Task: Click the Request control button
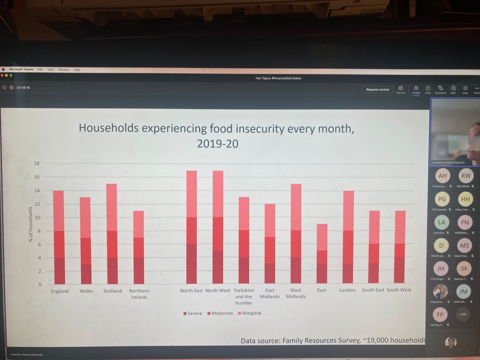point(377,90)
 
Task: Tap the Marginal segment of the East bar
point(322,237)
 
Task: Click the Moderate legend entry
point(220,313)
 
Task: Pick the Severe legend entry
point(193,313)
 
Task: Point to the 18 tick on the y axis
point(36,163)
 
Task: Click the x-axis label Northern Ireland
point(139,294)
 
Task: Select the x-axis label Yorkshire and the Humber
point(244,296)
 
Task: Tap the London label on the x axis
point(347,290)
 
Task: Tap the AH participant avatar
point(442,176)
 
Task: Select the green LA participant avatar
point(441,222)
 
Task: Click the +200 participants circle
point(463,314)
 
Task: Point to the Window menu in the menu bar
point(64,70)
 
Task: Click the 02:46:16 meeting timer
point(23,88)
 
